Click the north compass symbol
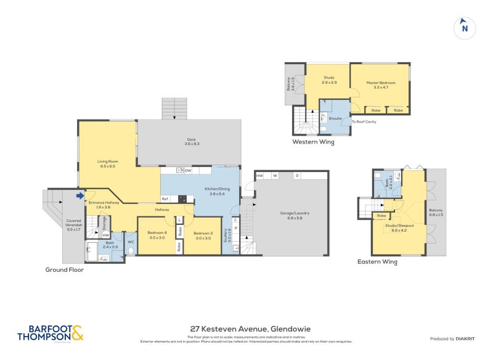[465, 28]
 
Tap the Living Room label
[107, 161]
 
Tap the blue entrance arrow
[80, 196]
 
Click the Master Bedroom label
[380, 83]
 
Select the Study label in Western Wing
[328, 78]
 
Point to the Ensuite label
[335, 117]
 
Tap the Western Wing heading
[313, 142]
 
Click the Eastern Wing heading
[377, 261]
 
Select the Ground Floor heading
[65, 270]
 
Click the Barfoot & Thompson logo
[51, 334]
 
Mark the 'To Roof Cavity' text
[364, 121]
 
